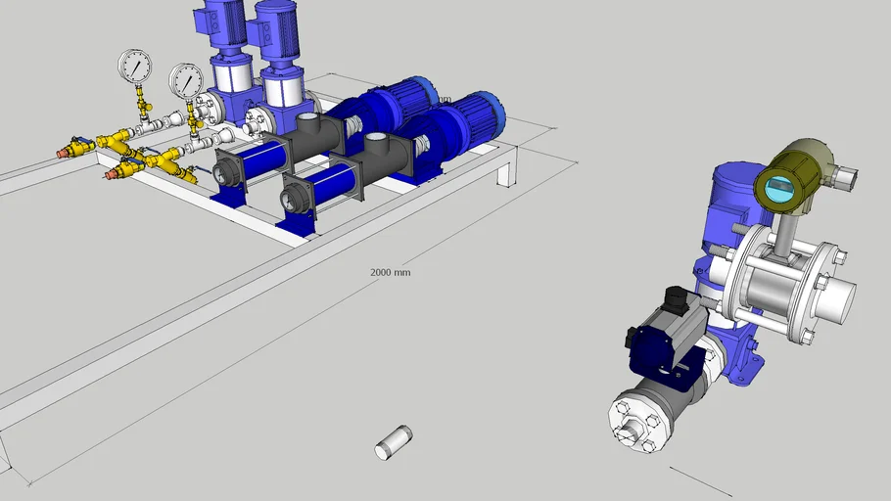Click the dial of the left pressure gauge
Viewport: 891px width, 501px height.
click(x=134, y=67)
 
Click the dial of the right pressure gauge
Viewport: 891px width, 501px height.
click(x=186, y=80)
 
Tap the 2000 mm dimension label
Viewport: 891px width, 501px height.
click(x=390, y=272)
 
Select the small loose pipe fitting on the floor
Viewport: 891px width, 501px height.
click(x=394, y=442)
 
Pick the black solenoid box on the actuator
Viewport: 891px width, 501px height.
click(x=675, y=298)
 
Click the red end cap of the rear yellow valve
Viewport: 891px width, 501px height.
click(x=69, y=152)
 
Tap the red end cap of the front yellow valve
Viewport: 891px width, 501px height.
click(x=112, y=174)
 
